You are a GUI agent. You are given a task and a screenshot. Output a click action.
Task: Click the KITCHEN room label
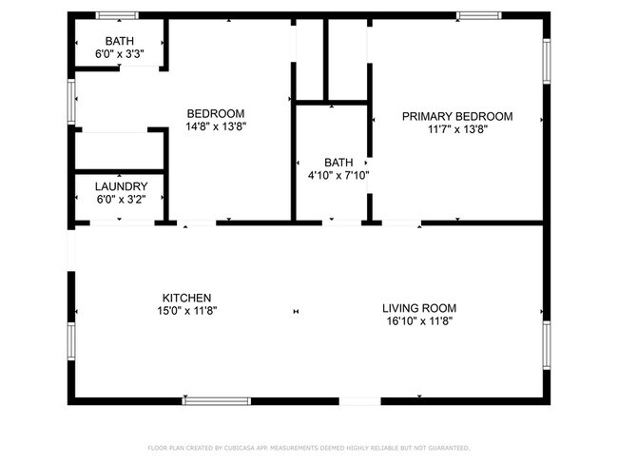tap(186, 298)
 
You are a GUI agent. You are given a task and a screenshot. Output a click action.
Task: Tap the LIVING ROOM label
tap(419, 308)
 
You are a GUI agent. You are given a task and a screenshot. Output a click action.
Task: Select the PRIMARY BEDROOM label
tap(456, 116)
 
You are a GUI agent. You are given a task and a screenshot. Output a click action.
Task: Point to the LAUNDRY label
tap(120, 186)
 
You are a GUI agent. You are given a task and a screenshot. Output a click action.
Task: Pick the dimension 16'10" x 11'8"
tap(419, 321)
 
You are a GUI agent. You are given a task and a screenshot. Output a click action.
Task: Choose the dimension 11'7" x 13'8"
tap(456, 129)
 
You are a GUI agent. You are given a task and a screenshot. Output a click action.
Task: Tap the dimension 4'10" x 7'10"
tap(338, 175)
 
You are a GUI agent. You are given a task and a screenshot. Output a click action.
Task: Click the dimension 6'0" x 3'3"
tap(120, 55)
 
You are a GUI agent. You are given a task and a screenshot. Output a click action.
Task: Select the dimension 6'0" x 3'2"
tap(120, 200)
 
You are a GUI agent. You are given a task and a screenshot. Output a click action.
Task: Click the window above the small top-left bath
tap(118, 15)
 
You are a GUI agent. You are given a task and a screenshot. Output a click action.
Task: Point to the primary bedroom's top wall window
tap(478, 15)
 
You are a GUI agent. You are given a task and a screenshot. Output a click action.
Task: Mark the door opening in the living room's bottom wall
tap(360, 401)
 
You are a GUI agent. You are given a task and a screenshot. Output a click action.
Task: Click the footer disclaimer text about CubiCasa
tap(308, 447)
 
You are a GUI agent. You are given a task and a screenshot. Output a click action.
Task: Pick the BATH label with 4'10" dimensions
tap(338, 162)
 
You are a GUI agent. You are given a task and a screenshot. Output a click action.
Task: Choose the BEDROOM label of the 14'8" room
tap(215, 113)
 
